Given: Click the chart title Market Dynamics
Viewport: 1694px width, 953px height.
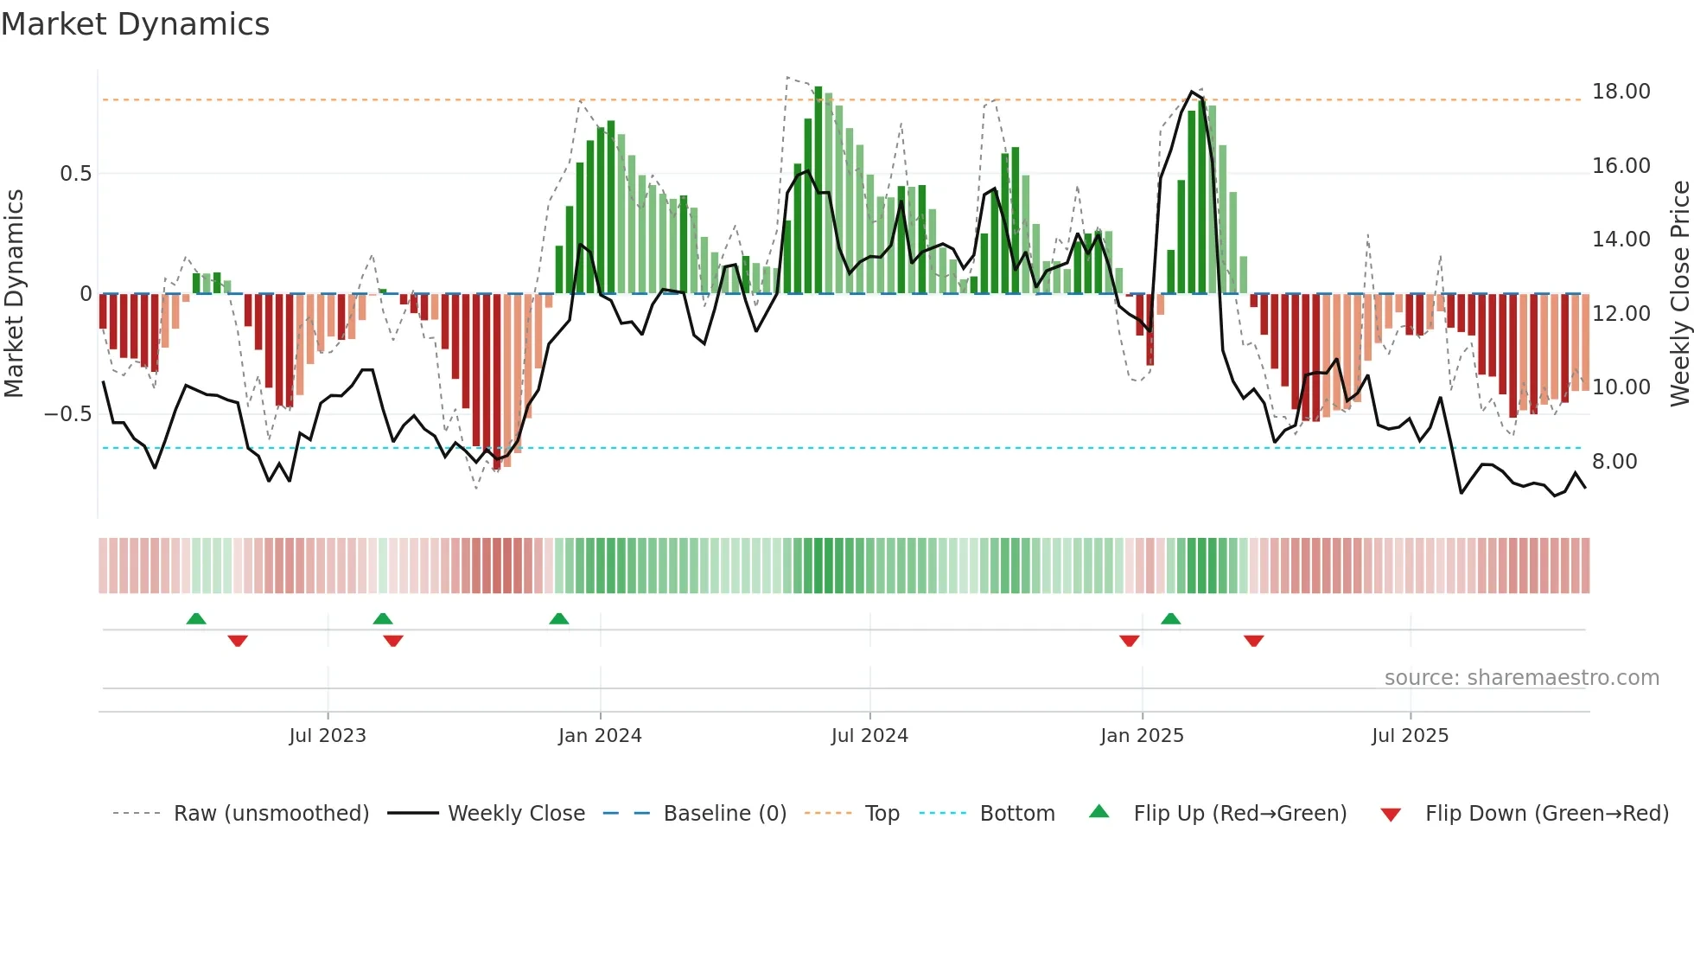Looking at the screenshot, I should click(x=135, y=24).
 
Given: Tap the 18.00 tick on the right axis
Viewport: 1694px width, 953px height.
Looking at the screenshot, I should click(x=1621, y=92).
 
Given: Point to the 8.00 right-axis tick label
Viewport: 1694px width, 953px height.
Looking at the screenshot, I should click(x=1614, y=462).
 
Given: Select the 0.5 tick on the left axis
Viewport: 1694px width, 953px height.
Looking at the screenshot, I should click(x=75, y=174).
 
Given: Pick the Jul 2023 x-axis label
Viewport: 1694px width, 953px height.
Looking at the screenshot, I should click(x=328, y=736).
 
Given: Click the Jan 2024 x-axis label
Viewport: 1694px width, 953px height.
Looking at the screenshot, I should click(x=600, y=736).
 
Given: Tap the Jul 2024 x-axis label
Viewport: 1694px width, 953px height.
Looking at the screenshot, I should click(x=869, y=736).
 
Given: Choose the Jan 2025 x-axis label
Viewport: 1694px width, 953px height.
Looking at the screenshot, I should click(x=1142, y=736).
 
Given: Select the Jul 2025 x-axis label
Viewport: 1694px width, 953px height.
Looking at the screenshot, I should click(x=1410, y=736).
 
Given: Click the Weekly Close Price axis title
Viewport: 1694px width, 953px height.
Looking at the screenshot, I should click(x=1679, y=293).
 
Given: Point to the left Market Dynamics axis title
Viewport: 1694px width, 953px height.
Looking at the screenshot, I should click(x=14, y=293).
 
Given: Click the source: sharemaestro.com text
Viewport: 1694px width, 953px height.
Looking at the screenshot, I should click(x=1521, y=678).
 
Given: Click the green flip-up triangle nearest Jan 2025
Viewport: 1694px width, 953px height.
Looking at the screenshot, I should click(x=1170, y=619).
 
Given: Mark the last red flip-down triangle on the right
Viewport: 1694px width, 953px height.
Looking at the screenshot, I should click(x=1253, y=641).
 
